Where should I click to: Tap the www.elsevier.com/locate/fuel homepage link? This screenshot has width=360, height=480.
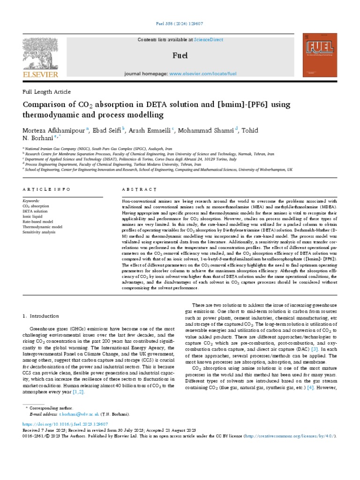pos(202,74)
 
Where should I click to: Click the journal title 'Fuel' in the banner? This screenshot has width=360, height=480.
pos(180,56)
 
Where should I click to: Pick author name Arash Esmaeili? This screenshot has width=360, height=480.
pos(150,130)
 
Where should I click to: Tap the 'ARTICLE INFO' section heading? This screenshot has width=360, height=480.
pos(46,189)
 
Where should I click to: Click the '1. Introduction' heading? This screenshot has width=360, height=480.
pos(41,316)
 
